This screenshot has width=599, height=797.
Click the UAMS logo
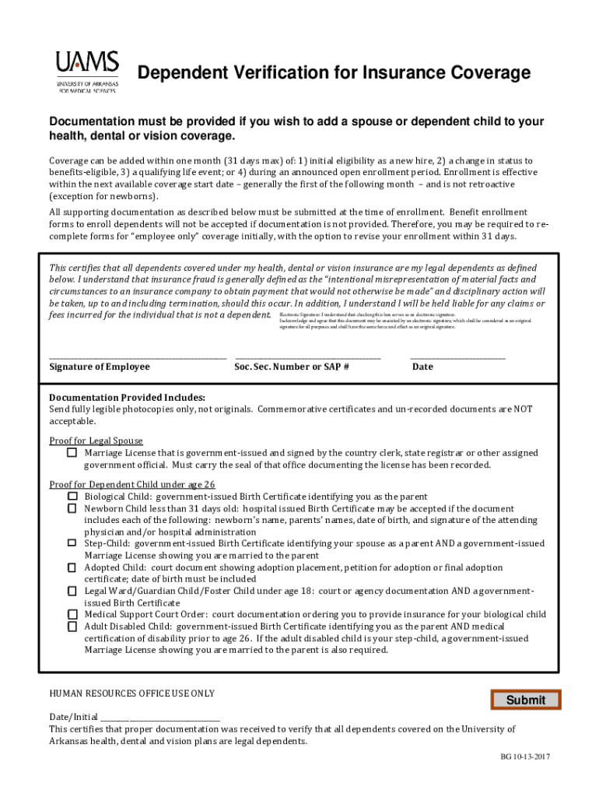point(86,72)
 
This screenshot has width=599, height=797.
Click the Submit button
point(526,700)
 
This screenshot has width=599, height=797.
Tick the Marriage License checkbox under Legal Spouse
point(72,452)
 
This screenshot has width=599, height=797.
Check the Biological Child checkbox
point(72,496)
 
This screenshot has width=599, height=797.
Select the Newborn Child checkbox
point(72,507)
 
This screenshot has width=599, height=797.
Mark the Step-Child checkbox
point(72,543)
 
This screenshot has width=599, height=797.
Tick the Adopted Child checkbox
point(72,567)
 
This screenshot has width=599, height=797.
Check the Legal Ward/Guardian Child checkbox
point(72,591)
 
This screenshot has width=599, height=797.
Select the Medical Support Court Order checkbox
point(72,614)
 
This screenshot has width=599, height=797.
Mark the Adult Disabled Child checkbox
point(72,626)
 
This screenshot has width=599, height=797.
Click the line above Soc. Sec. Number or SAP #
point(307,356)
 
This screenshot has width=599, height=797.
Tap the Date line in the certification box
point(457,356)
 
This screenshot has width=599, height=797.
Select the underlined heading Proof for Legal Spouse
point(96,441)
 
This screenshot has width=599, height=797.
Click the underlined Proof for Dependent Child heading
point(132,484)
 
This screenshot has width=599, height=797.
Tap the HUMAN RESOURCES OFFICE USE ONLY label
point(131,693)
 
